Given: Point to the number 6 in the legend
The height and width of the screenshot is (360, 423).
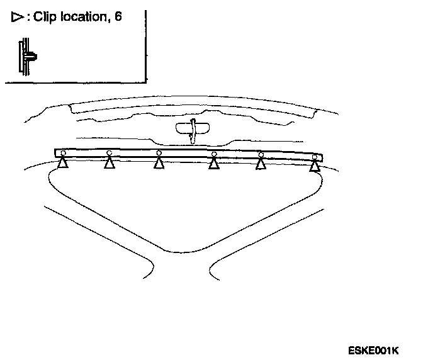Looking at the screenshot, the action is tap(118, 18).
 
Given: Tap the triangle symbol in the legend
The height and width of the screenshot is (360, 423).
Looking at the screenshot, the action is tap(17, 18).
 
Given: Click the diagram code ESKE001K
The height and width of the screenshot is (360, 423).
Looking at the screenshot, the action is tap(373, 350).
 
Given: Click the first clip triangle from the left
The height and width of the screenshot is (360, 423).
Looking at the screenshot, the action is tap(62, 164).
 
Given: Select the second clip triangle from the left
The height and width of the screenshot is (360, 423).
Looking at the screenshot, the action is tap(110, 164).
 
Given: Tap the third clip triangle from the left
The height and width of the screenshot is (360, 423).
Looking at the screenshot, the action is tap(159, 164).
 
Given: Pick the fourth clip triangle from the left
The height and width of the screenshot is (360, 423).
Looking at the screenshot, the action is tap(214, 164).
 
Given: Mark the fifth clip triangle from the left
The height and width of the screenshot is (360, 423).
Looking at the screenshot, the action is tap(261, 164).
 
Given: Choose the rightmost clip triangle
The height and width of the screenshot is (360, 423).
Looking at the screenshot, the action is tap(314, 166).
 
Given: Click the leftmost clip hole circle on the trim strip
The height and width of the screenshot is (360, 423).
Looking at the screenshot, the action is tap(62, 153).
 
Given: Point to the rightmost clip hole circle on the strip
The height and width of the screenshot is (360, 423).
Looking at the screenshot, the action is tap(314, 157).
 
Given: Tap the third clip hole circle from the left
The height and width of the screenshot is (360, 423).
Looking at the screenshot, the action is tap(159, 153).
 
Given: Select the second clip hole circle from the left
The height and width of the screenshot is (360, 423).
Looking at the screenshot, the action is tap(110, 153).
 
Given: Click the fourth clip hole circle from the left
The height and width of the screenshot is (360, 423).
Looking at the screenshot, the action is tap(214, 154).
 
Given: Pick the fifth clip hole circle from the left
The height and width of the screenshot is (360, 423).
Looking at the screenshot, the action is tap(261, 155).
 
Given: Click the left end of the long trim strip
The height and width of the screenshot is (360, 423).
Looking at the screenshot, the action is tap(57, 153).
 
